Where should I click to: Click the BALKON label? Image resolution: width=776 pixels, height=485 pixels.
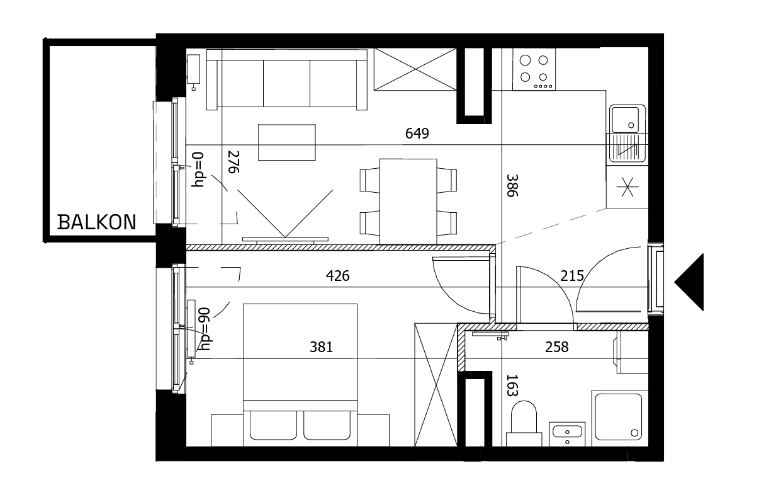96,222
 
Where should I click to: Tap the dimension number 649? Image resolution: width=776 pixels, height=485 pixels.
417,134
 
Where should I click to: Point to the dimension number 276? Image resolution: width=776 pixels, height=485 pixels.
233,162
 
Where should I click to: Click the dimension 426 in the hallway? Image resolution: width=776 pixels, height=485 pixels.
337,276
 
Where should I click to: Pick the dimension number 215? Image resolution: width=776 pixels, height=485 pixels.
572,275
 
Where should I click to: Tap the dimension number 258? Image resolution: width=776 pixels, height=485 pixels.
556,347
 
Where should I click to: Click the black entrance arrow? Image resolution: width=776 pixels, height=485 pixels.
690,282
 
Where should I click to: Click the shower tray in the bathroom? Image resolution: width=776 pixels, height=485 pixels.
617,416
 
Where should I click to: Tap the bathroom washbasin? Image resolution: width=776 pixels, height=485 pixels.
568,433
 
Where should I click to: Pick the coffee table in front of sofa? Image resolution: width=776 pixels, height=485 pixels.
286,142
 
